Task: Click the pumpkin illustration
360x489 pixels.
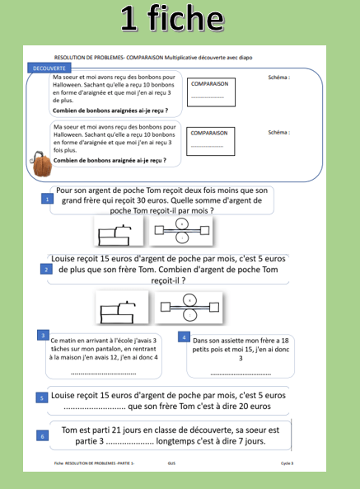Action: [x=41, y=165]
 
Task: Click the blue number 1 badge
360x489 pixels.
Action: [x=47, y=200]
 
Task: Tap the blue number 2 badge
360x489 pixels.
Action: [x=47, y=270]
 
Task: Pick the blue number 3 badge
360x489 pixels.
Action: [x=42, y=335]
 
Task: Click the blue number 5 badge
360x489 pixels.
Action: [x=42, y=397]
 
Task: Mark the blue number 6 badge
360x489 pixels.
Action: [x=42, y=435]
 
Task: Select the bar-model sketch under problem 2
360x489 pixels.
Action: [x=121, y=309]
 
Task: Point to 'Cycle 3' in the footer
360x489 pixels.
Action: [x=286, y=464]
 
